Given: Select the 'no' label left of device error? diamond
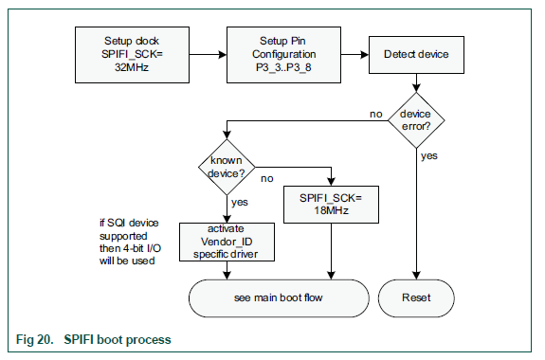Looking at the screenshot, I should pyautogui.click(x=375, y=114).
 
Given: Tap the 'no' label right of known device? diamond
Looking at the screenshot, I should pyautogui.click(x=267, y=176).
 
